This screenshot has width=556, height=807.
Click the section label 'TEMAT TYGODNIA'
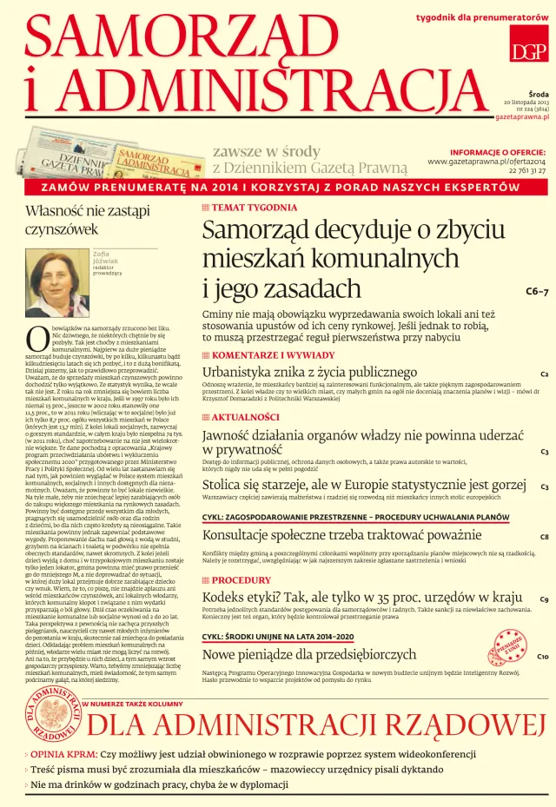254,208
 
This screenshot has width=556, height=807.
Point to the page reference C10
543,657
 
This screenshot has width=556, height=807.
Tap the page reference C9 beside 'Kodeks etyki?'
543,599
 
